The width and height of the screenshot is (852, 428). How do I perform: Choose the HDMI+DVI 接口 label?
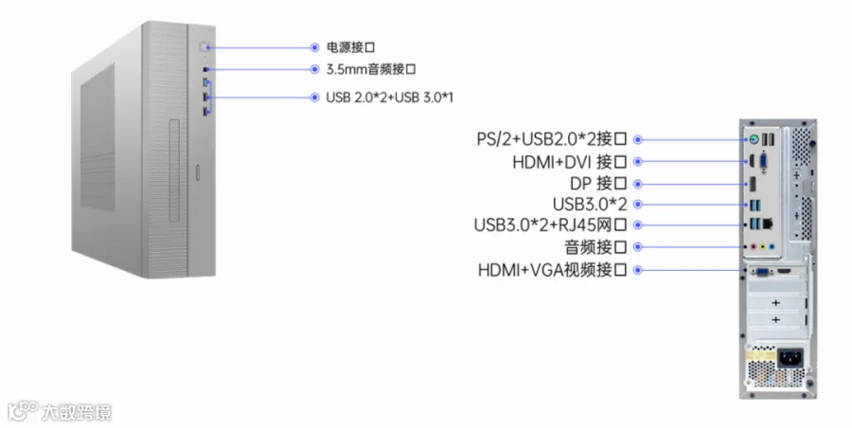pyautogui.click(x=571, y=162)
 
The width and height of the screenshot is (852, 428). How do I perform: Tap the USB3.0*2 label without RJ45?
pyautogui.click(x=590, y=204)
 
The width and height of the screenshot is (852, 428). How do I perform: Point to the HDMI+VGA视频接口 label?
pyautogui.click(x=554, y=271)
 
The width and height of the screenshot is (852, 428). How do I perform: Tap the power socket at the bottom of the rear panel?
pyautogui.click(x=790, y=359)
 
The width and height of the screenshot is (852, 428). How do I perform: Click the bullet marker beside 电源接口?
pyautogui.click(x=315, y=46)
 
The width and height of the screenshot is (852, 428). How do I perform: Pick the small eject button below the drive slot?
pyautogui.click(x=197, y=171)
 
